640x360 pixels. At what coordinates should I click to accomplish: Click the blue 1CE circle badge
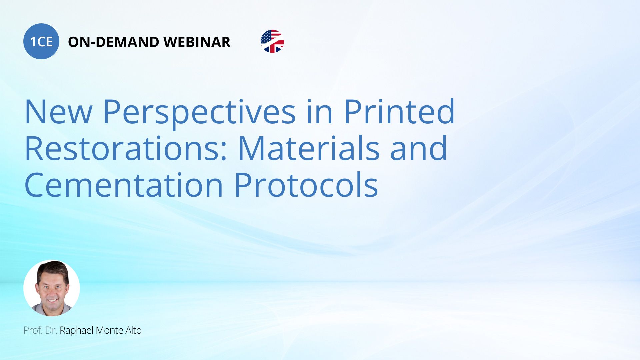point(41,41)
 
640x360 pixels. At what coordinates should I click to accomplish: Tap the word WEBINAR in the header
point(197,42)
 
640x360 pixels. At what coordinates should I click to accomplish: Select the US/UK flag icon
point(272,41)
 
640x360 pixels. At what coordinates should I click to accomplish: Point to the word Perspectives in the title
point(199,113)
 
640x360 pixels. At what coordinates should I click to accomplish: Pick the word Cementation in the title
point(124,185)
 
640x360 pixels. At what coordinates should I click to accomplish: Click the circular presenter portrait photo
point(52,288)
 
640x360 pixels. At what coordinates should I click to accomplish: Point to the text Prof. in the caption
point(33,330)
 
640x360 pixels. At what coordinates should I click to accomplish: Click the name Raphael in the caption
point(77,330)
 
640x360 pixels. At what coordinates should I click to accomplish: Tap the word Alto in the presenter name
point(133,330)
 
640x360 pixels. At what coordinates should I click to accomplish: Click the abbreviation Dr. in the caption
point(51,330)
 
